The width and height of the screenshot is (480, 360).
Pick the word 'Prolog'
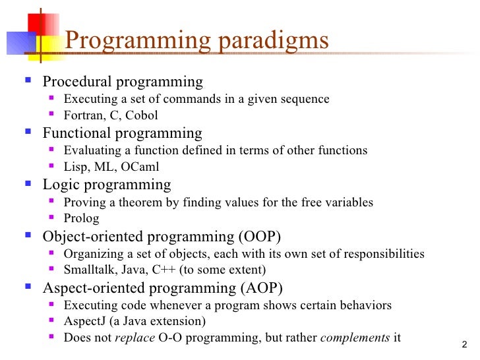pos(80,218)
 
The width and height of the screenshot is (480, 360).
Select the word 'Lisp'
pos(75,167)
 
